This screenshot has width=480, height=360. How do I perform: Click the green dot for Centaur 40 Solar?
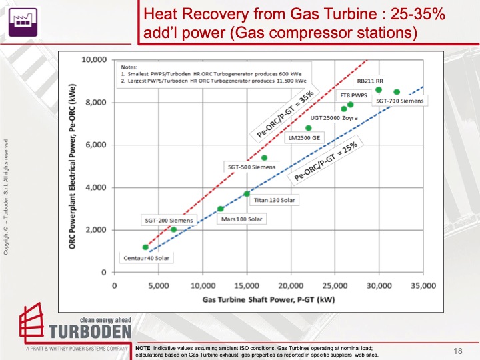click(x=145, y=247)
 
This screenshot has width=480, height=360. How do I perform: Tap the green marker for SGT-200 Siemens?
click(x=173, y=229)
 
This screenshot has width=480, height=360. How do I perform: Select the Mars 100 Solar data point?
click(x=220, y=209)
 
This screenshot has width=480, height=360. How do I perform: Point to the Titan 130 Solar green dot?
click(x=247, y=194)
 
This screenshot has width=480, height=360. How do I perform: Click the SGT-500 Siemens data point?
click(x=264, y=158)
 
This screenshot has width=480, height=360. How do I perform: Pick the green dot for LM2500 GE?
click(x=309, y=128)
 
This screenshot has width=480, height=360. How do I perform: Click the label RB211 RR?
click(x=369, y=81)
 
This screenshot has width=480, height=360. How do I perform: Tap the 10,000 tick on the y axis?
click(x=95, y=60)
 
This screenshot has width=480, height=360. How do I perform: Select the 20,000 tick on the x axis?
click(x=291, y=285)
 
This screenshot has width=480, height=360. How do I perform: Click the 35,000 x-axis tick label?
click(x=423, y=285)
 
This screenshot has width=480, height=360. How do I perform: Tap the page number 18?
click(x=458, y=350)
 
